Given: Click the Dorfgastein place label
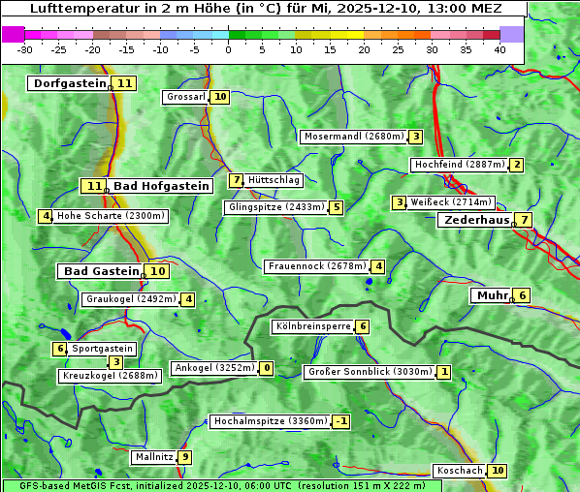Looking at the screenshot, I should click(x=68, y=83).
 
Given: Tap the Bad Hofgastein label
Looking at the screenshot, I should click(x=160, y=186).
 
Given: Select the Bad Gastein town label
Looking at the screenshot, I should click(x=101, y=271).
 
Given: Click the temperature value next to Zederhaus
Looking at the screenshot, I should click(x=524, y=220).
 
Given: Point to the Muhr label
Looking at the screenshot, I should click(x=491, y=295).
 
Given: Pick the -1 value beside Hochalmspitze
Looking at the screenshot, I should click(x=340, y=421).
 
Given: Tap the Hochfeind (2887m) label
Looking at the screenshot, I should click(x=459, y=165).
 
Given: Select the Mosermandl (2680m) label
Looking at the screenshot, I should click(x=353, y=137).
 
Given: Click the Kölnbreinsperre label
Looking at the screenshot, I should click(x=312, y=326).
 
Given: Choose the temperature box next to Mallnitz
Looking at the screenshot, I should click(x=185, y=457).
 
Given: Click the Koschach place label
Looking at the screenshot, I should click(x=459, y=471).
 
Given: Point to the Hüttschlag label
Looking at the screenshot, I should click(x=274, y=180).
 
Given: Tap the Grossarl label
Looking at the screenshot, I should click(x=185, y=97).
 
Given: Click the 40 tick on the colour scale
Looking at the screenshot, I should click(x=499, y=49).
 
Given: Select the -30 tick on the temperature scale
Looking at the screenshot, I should click(x=25, y=49).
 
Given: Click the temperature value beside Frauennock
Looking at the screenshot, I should click(x=378, y=266).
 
